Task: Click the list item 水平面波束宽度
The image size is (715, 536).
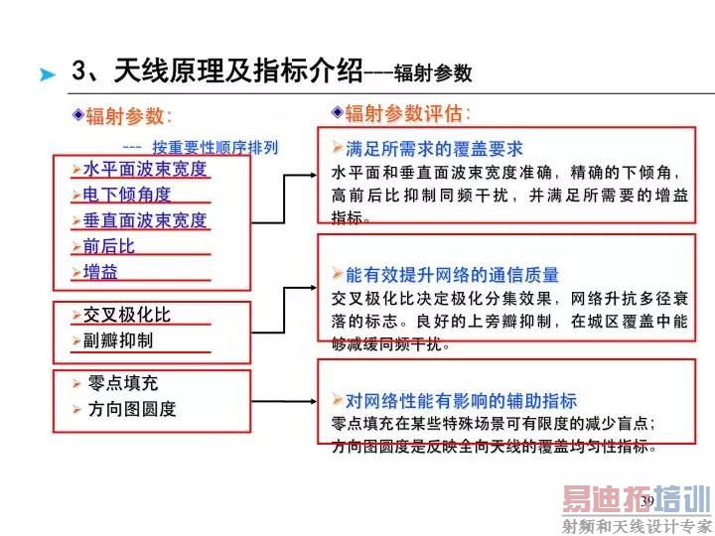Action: point(145,169)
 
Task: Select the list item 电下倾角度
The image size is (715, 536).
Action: point(127,195)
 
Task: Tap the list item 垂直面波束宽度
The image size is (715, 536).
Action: point(145,220)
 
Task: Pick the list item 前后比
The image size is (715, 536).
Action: point(109,246)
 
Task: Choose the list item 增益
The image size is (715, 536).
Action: point(100,272)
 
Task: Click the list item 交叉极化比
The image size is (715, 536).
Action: point(127,315)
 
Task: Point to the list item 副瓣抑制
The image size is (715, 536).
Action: point(118,340)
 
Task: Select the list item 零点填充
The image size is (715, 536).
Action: point(123,383)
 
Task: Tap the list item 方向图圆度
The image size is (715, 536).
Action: point(132,409)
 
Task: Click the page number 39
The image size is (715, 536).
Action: point(647,501)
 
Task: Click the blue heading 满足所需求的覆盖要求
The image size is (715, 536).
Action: point(434,149)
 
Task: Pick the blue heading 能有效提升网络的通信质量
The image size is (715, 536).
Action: point(452,275)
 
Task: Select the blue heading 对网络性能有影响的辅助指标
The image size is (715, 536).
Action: point(461,401)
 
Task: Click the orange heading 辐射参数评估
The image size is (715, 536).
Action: point(403,113)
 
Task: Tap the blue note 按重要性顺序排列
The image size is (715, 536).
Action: point(214,147)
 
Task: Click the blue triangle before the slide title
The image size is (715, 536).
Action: point(47,74)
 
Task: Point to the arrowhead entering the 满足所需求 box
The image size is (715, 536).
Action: point(313,175)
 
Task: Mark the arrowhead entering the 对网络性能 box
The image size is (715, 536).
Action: point(313,402)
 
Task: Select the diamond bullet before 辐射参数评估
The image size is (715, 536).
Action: point(338,112)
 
